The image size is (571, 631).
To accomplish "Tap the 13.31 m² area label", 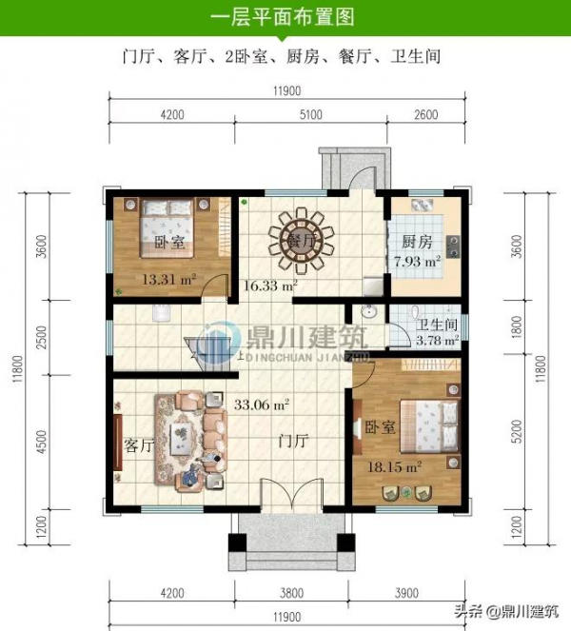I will (168, 279).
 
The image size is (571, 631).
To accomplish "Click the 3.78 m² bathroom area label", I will (439, 337).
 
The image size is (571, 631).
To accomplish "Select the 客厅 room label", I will (140, 445).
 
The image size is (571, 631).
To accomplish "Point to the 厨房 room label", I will (417, 241).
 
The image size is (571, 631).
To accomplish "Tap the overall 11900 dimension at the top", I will (285, 91).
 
